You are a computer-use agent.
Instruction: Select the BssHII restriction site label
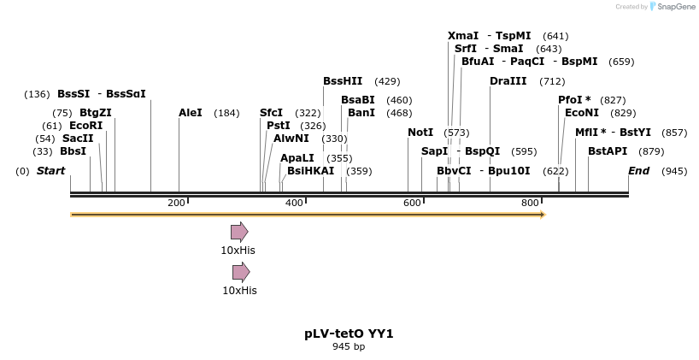[x=343, y=81]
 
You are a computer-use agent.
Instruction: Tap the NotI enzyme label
[x=420, y=133]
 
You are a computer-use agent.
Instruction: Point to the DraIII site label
[x=508, y=81]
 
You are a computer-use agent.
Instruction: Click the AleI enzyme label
[x=191, y=113]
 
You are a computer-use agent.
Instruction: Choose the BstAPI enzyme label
[x=608, y=151]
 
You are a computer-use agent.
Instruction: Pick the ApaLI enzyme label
[x=297, y=158]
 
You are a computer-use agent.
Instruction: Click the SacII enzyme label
[x=77, y=139]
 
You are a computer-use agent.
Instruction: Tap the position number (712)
[x=552, y=82]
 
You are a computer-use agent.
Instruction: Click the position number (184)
[x=226, y=114]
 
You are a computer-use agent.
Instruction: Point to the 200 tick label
[x=176, y=203]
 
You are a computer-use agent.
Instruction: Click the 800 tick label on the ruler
[x=530, y=203]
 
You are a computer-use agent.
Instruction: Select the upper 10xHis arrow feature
[x=239, y=232]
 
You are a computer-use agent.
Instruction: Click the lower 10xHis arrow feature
[x=241, y=273]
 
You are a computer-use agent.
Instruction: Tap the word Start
[x=50, y=171]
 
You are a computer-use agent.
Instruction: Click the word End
[x=639, y=171]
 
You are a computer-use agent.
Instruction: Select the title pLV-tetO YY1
[x=349, y=333]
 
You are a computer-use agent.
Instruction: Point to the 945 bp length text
[x=349, y=346]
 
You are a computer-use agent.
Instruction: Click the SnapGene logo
[x=670, y=7]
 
